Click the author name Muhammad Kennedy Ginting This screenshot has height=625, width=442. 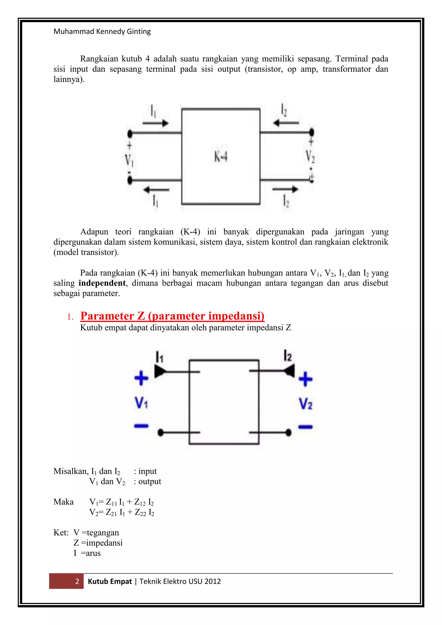(102, 32)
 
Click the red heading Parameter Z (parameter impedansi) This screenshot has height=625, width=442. (172, 316)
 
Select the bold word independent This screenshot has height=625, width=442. (102, 283)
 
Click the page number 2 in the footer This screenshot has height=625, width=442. (77, 581)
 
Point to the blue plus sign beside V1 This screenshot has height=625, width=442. (141, 378)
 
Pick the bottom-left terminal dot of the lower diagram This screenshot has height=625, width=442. (161, 432)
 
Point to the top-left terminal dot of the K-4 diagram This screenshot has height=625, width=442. (130, 134)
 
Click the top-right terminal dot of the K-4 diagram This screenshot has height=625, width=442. (312, 133)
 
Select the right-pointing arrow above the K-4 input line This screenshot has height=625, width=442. (156, 123)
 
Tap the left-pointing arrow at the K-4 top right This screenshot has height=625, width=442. (286, 123)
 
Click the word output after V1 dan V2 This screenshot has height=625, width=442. (150, 481)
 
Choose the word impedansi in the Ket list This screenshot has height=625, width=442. (104, 543)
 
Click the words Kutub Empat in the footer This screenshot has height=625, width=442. (110, 581)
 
